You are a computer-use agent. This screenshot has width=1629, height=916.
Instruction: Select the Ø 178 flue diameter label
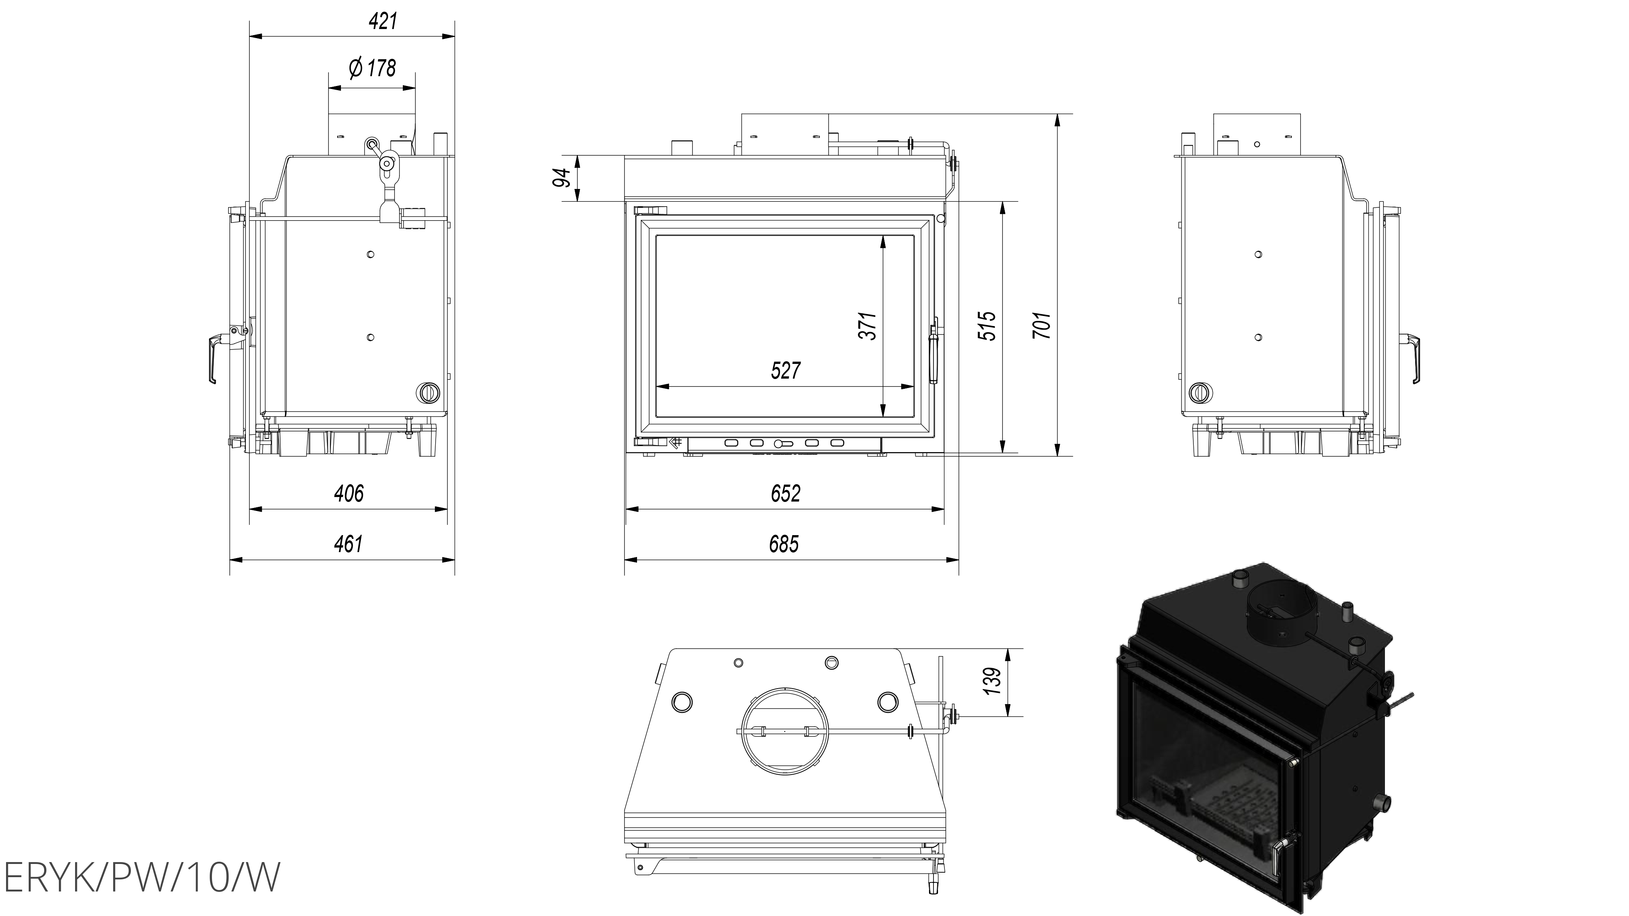[x=373, y=68]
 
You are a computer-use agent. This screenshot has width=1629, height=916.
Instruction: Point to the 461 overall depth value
[x=349, y=544]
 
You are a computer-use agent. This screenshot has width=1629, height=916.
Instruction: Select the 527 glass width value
[x=785, y=370]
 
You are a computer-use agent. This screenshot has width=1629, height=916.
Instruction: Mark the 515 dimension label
[x=987, y=325]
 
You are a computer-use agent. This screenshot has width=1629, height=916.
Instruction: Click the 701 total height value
[x=1041, y=325]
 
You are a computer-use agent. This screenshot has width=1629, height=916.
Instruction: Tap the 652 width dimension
[x=785, y=493]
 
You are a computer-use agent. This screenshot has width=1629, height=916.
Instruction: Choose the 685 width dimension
[x=784, y=544]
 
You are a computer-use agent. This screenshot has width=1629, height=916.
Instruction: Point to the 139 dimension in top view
[x=993, y=681]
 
